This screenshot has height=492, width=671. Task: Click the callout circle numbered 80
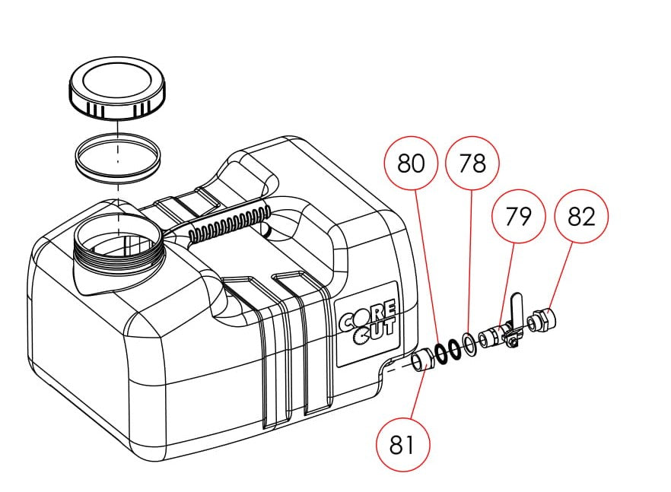[411, 163]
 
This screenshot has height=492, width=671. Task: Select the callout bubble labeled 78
[472, 163]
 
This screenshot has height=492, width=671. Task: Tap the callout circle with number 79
[520, 216]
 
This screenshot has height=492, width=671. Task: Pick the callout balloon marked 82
[581, 216]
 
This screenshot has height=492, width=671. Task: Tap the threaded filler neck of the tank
[121, 251]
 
